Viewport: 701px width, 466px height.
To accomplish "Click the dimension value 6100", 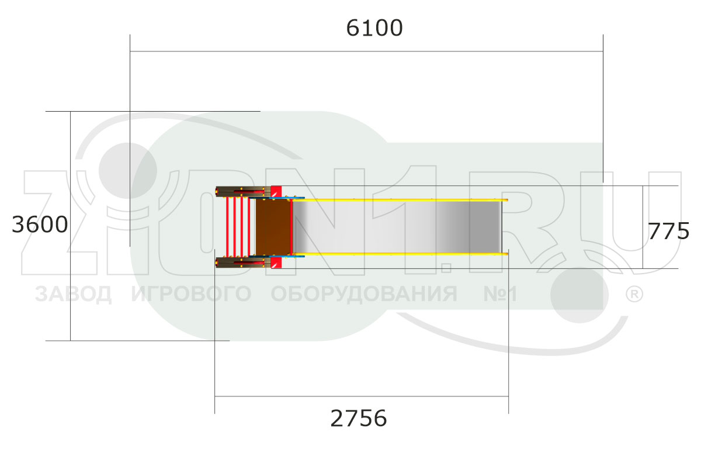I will (374, 28).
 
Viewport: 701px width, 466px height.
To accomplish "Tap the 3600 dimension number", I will (40, 225).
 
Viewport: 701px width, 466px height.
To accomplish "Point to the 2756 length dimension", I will (359, 419).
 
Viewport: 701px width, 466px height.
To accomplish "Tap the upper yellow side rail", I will (403, 201).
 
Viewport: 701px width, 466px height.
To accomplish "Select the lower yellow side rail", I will (403, 254).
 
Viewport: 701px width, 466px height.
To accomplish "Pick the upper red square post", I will (276, 191).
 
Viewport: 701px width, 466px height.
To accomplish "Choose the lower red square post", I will (276, 263).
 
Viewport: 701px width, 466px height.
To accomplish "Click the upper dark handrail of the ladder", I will (241, 191).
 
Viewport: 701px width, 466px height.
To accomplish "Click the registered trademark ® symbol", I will (634, 294).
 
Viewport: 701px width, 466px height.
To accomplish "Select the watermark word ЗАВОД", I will (73, 294).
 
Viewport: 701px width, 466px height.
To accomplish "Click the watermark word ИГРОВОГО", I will (191, 294).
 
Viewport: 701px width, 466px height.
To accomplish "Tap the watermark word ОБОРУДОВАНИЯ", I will (364, 294).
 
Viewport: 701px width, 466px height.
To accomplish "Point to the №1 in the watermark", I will (500, 294).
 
